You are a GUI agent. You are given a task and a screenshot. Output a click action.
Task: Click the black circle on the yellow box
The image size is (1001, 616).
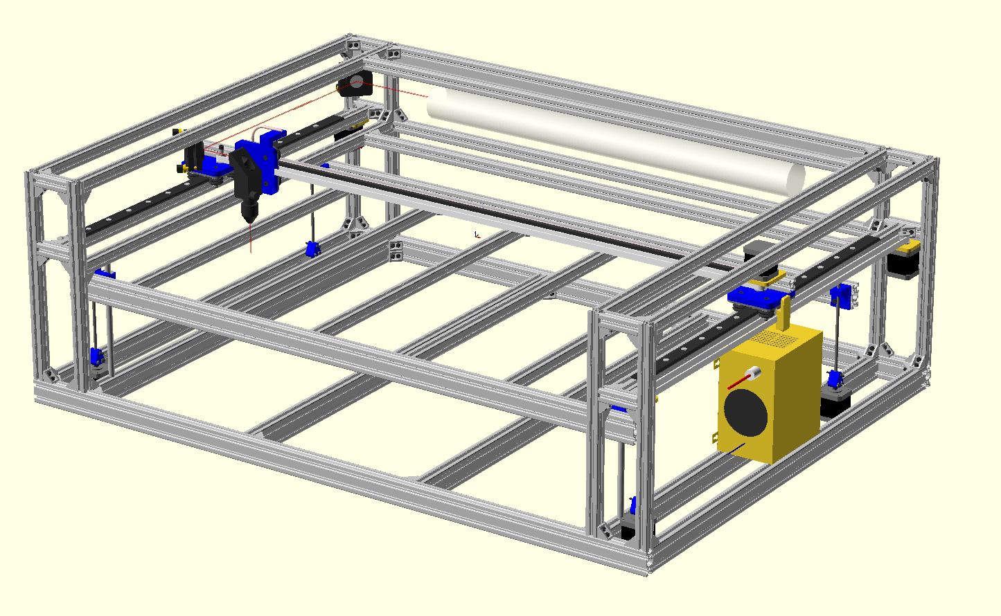(x=745, y=412)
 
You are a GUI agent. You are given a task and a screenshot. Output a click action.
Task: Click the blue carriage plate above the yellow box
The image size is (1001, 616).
(x=759, y=298)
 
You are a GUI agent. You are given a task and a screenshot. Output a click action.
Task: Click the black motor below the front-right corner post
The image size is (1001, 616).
(x=628, y=531)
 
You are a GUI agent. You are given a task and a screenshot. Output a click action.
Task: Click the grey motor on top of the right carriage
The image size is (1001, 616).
(x=755, y=254)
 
